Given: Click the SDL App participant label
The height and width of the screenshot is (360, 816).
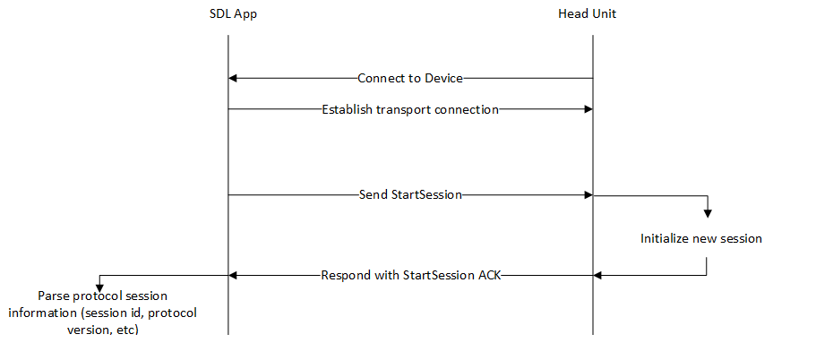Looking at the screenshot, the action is point(230,14).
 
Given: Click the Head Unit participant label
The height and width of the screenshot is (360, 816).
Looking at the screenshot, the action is point(587,14).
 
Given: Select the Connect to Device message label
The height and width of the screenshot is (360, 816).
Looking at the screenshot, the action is point(410,78).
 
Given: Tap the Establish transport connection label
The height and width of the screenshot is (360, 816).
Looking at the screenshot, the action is point(410,109).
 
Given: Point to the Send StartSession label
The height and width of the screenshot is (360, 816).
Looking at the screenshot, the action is point(410,194).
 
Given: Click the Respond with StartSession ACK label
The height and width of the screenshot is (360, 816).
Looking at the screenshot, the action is point(410,275).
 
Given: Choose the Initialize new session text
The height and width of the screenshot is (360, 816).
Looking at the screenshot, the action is point(701,239).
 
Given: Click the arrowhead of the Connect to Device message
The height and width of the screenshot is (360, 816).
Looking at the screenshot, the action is point(233,78).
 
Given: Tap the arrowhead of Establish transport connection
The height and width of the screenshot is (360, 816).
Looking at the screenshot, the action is point(588,109).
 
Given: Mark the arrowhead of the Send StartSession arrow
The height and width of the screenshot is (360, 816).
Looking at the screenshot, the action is point(588,194).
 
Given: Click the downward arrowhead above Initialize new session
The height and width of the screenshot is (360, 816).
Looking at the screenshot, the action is point(707,213).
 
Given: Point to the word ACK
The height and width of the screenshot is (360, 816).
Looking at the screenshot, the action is point(489,275).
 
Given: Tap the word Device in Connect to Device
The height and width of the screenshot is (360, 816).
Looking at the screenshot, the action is point(444,78).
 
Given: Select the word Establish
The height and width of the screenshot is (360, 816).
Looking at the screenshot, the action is point(348,109).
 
